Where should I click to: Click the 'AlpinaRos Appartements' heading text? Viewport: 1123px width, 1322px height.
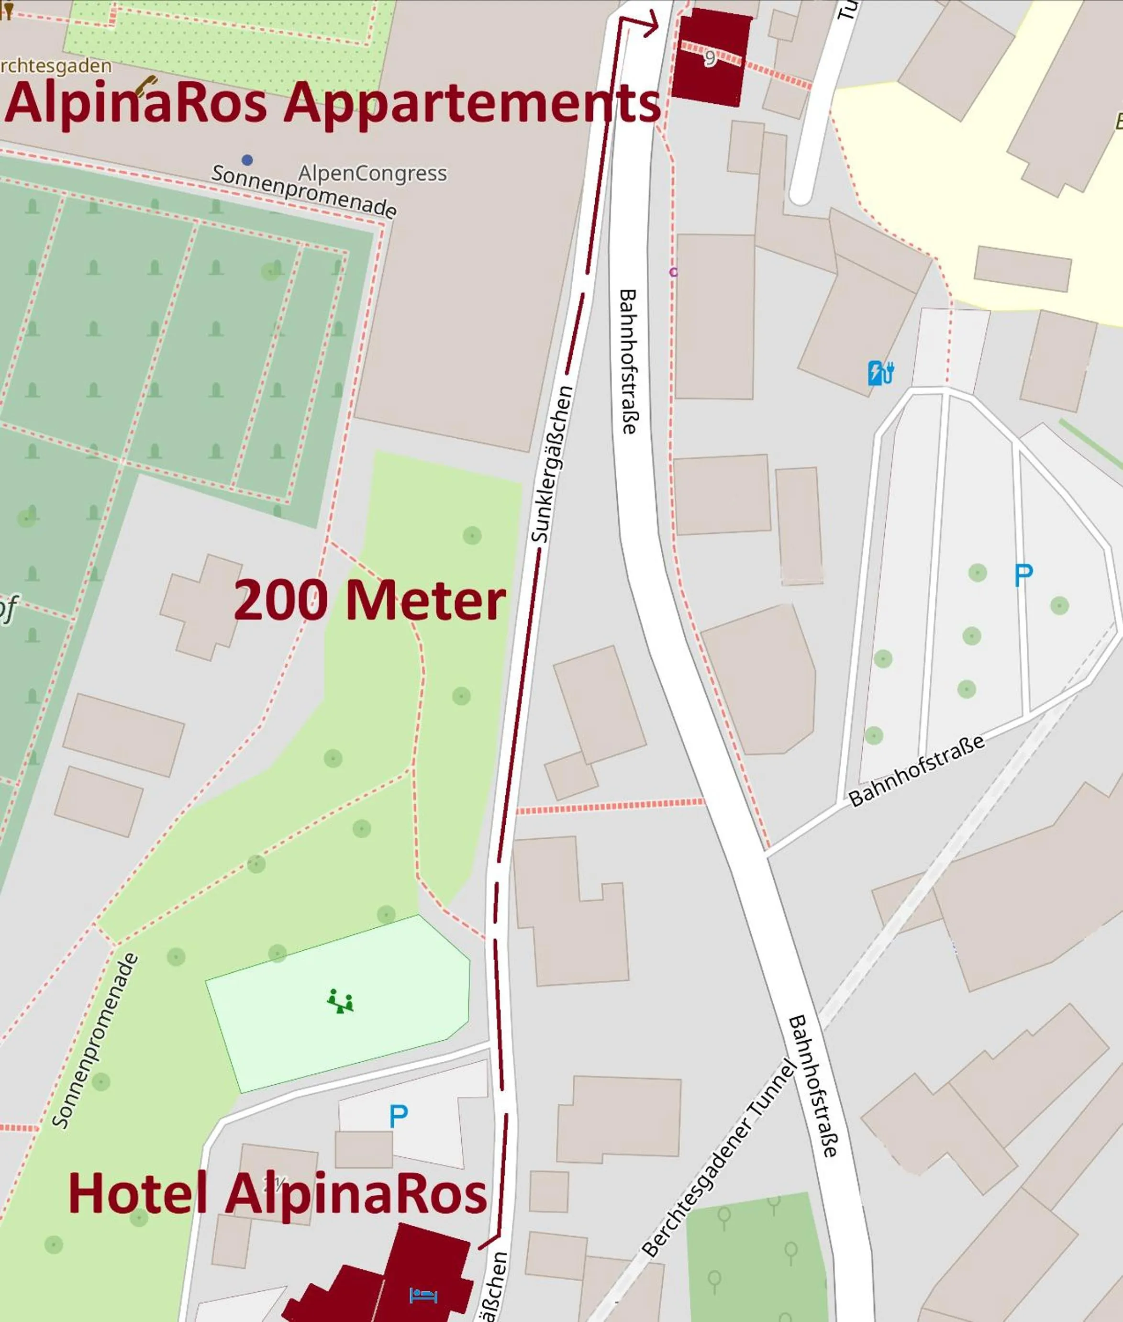[333, 104]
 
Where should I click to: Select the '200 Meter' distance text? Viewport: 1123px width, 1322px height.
[370, 601]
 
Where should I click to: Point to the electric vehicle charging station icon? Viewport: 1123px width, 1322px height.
[880, 373]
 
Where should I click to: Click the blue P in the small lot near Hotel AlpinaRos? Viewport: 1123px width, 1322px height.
[399, 1116]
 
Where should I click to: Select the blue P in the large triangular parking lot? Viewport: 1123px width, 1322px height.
[1023, 576]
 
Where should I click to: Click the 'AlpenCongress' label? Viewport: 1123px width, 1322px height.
[372, 173]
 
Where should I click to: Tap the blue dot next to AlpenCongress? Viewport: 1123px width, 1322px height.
[247, 160]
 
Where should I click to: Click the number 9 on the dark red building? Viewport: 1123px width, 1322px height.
[710, 58]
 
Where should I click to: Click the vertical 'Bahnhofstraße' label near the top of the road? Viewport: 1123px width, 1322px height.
[628, 362]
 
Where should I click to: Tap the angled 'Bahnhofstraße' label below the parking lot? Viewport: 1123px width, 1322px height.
[917, 771]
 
